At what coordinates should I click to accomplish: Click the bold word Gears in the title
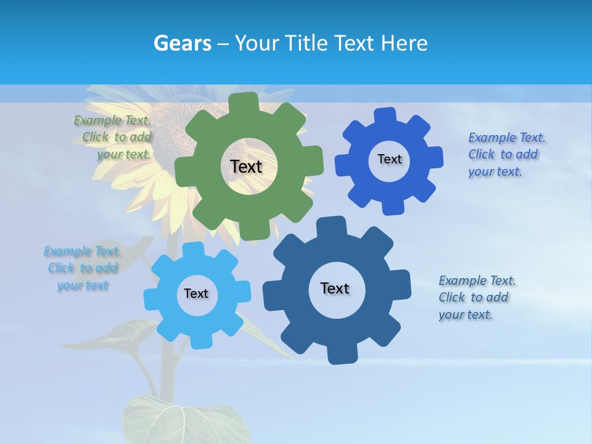(182, 43)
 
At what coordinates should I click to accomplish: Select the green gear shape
(203, 197)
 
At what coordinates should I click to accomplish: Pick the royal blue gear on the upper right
(358, 185)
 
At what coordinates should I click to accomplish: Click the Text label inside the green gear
(246, 166)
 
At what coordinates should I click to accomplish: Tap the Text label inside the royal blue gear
(389, 159)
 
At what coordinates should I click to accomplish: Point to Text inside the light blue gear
(196, 294)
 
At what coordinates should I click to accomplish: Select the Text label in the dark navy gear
(335, 288)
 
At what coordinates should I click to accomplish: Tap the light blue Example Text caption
(83, 268)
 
